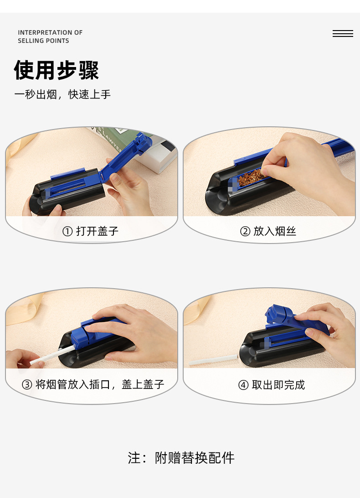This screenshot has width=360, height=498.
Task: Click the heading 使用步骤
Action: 57,70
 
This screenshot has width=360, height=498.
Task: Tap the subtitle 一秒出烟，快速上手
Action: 62,94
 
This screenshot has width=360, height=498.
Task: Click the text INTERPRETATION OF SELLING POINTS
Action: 50,36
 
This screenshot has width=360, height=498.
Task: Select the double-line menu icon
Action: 343,34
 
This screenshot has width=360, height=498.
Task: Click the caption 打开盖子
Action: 97,231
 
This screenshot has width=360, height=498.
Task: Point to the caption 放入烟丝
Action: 275,231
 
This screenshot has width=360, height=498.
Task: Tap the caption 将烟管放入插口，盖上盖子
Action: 100,384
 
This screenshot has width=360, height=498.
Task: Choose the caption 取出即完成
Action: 278,385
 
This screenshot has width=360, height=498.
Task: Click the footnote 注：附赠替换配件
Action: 181,457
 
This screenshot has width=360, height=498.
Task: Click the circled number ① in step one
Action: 67,232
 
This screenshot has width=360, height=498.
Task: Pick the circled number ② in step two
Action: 245,232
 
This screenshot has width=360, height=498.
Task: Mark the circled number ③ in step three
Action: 27,385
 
